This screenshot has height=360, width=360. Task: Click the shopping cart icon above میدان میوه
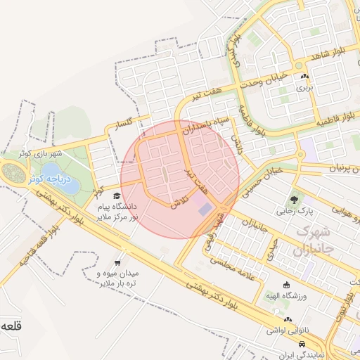(x=126, y=256)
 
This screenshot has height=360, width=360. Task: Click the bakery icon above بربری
(x=304, y=77)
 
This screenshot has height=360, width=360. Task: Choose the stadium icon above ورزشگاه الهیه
(x=287, y=285)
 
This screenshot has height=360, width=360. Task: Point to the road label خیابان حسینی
(x=260, y=179)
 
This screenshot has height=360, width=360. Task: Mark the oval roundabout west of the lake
(x=11, y=171)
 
